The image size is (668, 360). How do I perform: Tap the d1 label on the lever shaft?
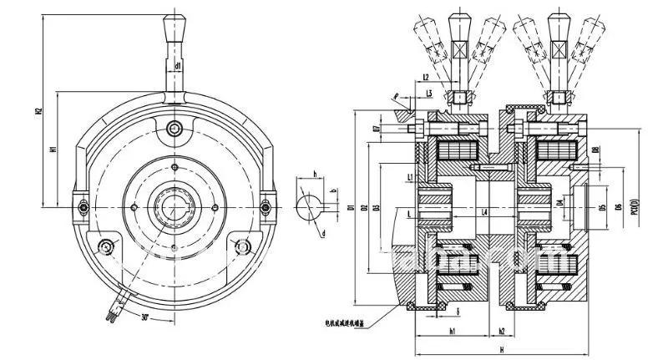pyautogui.click(x=179, y=64)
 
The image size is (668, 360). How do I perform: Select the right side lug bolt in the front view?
pyautogui.click(x=267, y=206)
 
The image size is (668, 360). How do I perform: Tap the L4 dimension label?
pyautogui.click(x=485, y=213)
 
